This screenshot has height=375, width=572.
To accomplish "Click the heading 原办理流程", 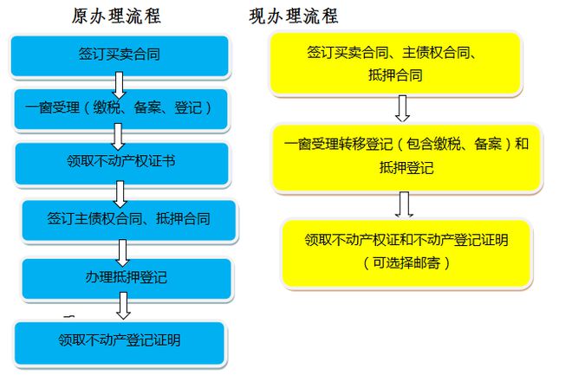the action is coord(116,16).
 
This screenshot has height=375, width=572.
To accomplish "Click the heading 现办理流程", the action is coord(294,16).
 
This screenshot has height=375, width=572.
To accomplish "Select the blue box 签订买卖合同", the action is coord(120,55).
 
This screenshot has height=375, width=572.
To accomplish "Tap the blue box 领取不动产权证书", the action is coord(121,164).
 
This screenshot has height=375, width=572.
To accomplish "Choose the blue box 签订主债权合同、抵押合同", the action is coord(129,220).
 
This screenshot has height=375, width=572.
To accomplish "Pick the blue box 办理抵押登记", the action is coord(127,279).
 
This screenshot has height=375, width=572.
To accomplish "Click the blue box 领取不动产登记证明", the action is coord(120,343).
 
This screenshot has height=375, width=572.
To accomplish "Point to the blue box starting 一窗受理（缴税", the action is coord(120,109).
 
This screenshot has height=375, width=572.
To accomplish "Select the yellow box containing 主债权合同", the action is coord(395,63).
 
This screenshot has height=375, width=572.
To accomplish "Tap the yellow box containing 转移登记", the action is coord(406,158).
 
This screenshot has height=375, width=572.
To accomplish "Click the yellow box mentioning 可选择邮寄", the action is coord(406,253).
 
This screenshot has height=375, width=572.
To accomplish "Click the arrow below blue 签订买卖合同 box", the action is coord(119,85).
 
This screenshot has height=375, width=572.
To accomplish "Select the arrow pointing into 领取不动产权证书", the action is coord(118,137).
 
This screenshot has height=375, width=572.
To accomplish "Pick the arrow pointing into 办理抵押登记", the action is coord(122,253).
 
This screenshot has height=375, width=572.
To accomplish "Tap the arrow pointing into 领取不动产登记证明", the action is coord(123,306).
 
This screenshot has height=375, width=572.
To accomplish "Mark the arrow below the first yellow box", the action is coord(402,108).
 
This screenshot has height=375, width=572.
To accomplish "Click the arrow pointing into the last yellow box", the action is coord(404,204).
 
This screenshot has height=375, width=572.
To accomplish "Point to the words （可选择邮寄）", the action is coord(406,263).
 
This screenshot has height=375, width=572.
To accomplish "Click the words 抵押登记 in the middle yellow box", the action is coord(406,168).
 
